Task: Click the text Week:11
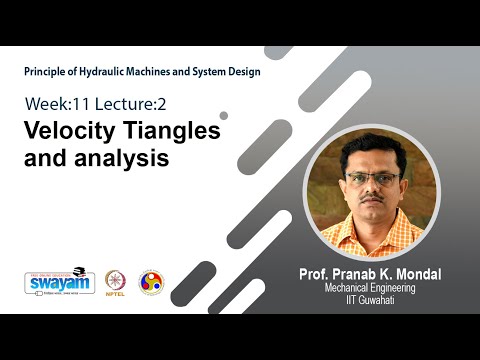tap(55, 103)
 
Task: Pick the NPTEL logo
tap(116, 283)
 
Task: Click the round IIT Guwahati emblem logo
tap(151, 282)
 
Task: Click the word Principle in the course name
tap(47, 71)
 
